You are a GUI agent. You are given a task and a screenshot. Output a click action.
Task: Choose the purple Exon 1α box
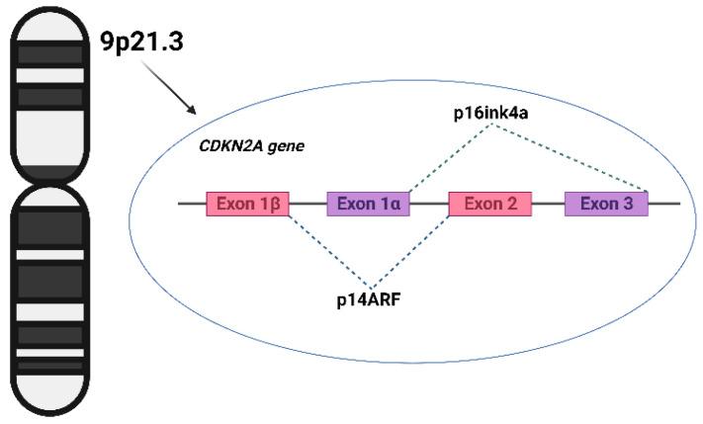click(x=368, y=204)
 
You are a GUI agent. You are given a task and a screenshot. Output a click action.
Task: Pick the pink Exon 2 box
click(x=490, y=204)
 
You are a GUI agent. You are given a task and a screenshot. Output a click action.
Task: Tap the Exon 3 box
click(x=606, y=204)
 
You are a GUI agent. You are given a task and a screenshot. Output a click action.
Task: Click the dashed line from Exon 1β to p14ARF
click(x=326, y=251)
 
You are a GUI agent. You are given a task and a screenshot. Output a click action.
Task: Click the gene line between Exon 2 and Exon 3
click(x=548, y=204)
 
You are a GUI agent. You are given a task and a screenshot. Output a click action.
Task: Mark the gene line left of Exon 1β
click(x=192, y=204)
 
